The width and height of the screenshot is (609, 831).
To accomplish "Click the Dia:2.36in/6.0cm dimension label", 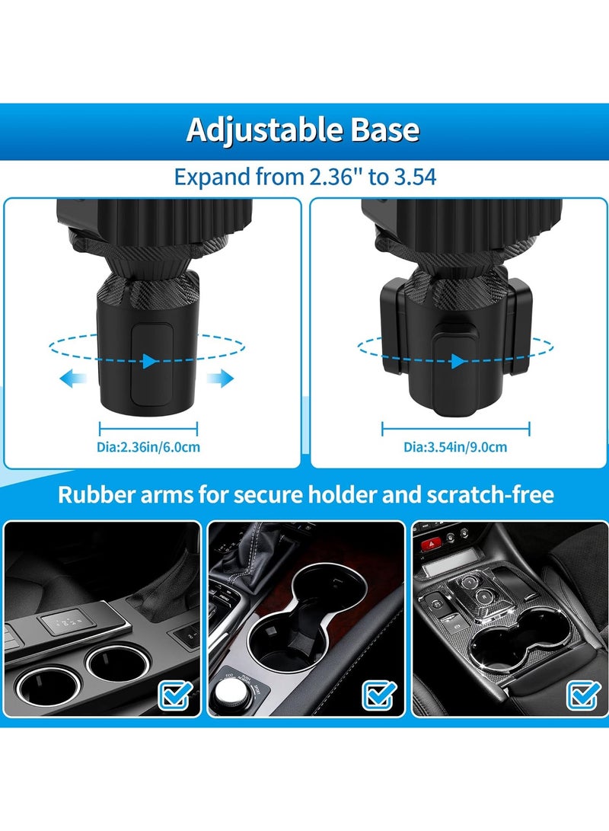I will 150,447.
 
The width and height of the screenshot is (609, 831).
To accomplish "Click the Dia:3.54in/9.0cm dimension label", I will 455,447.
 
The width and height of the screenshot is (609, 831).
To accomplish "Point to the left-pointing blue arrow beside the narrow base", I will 74,378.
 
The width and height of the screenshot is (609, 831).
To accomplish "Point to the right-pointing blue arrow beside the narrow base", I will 223,378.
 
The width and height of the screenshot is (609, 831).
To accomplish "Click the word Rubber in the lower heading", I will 92,495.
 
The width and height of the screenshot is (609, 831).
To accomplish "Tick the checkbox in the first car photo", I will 174,694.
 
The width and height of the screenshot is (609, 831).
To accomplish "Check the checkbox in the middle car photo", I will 378,694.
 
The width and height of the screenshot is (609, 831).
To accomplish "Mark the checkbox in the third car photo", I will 582,694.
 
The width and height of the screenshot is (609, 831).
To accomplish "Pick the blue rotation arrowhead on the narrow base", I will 150,361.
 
